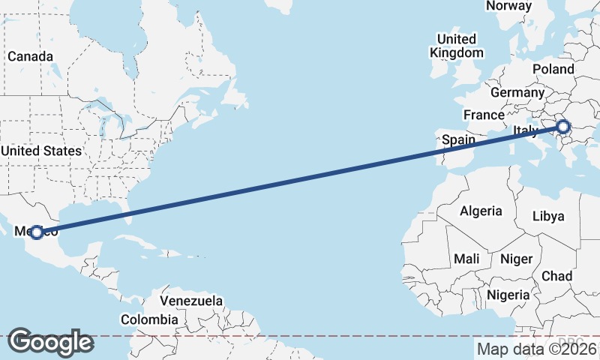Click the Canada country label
tap(30, 56)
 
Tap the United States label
tap(40, 151)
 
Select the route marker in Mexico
tap(36, 232)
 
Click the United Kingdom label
tap(456, 46)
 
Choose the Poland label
tap(553, 69)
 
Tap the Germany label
tap(517, 92)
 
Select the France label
tap(483, 115)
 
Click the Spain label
tap(458, 139)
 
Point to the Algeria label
tap(480, 211)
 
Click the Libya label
tap(547, 216)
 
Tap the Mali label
tap(466, 259)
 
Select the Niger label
tap(516, 259)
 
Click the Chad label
tap(556, 276)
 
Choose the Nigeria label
tap(508, 295)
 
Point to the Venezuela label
tap(191, 301)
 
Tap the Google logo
tap(50, 342)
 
